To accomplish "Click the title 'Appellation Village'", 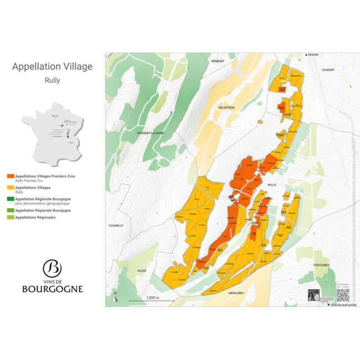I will pos(53,67).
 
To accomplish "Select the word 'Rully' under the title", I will pos(53,80).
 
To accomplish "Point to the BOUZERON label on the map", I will pos(227,107).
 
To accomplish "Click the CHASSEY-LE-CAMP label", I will pos(151,133).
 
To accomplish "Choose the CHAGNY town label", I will pos(328,70).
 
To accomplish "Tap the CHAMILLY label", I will pos(116,225).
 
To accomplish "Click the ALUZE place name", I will pos(141,270).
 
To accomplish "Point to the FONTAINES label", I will pos(321,265).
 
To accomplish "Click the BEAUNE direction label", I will pos(312,55).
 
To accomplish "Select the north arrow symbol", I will pos(115,296).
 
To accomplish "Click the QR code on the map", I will pos(342,295).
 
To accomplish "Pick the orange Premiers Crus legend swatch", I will pos(11,176).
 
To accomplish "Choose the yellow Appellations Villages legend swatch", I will pos(11,188).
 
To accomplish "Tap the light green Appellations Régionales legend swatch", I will pos(11,217).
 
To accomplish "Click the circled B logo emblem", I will pos(52,268).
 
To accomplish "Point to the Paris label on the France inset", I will pos(55,116).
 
